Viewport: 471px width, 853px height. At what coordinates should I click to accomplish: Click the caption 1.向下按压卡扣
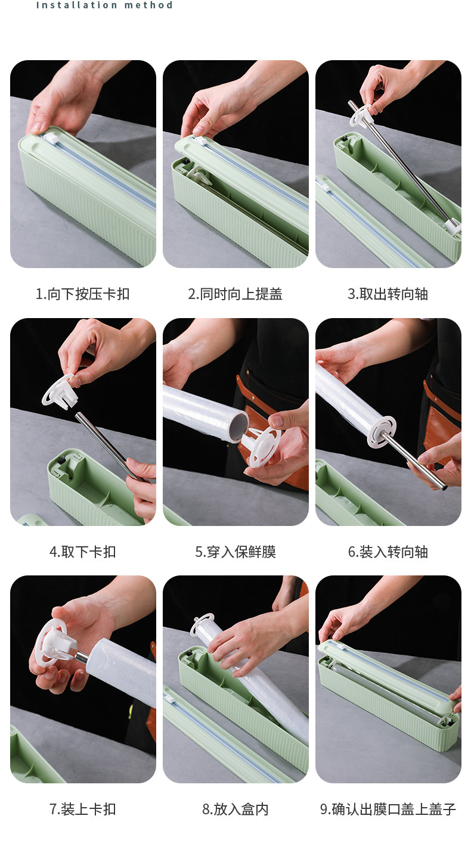coord(83,294)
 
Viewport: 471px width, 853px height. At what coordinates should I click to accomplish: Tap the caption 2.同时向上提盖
coord(235,294)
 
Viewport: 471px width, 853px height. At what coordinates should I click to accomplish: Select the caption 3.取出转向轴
coord(388,294)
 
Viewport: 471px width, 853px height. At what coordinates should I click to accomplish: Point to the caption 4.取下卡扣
coord(83,552)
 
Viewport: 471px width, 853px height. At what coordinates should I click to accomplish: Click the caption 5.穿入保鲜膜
coord(235,552)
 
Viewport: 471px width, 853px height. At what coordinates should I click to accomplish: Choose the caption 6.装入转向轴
coord(388,552)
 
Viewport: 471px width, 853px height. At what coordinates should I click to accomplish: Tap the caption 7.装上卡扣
coord(83,809)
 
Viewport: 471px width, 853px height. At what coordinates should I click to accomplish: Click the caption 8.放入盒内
coord(235,809)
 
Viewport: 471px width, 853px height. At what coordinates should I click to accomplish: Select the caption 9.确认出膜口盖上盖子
coord(388,809)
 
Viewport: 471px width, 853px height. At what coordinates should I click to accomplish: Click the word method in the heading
coord(148,5)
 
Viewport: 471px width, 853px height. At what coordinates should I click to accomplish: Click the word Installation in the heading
coord(76,5)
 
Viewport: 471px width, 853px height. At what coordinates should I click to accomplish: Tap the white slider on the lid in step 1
coord(51,137)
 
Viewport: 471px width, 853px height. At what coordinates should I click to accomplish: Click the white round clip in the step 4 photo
coord(60,392)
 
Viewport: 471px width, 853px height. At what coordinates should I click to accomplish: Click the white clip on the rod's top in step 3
coord(361,115)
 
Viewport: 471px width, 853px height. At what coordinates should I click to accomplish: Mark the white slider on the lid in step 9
coord(339,647)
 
